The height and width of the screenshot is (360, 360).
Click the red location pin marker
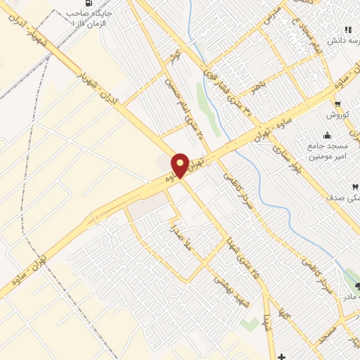click(x=180, y=165)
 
